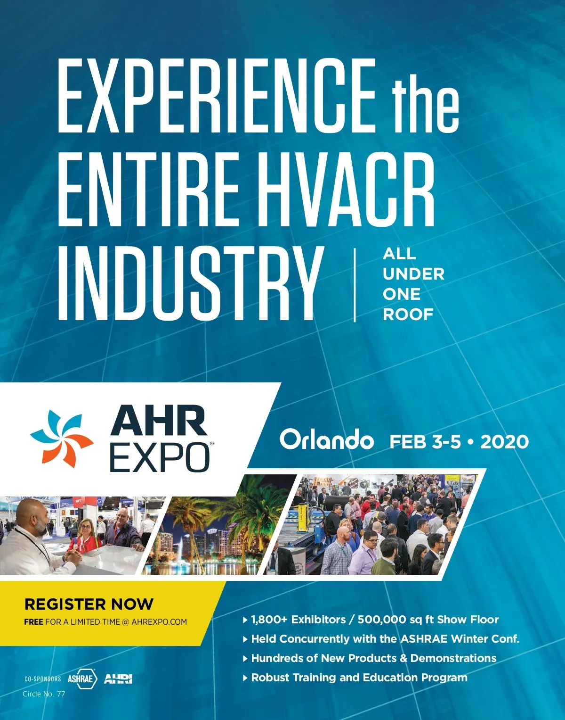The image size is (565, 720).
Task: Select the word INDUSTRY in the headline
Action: pos(186,284)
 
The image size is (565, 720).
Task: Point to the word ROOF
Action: pos(408,314)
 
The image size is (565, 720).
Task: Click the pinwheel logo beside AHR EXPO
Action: pos(62,439)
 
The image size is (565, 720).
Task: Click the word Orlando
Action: pos(326,440)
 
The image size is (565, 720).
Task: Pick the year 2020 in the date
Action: pos(504,442)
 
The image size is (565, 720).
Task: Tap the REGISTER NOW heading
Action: pos(89,604)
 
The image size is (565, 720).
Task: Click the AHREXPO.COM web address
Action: pos(159,622)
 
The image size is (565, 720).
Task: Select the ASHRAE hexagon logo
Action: pos(82,679)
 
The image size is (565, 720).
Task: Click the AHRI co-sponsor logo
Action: pos(118,679)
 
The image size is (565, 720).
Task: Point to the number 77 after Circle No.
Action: pos(61,694)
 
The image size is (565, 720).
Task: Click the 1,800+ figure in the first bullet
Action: pos(269,620)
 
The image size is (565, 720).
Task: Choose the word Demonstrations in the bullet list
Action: pos(453,658)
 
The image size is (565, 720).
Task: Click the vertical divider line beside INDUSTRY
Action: pos(355,285)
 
